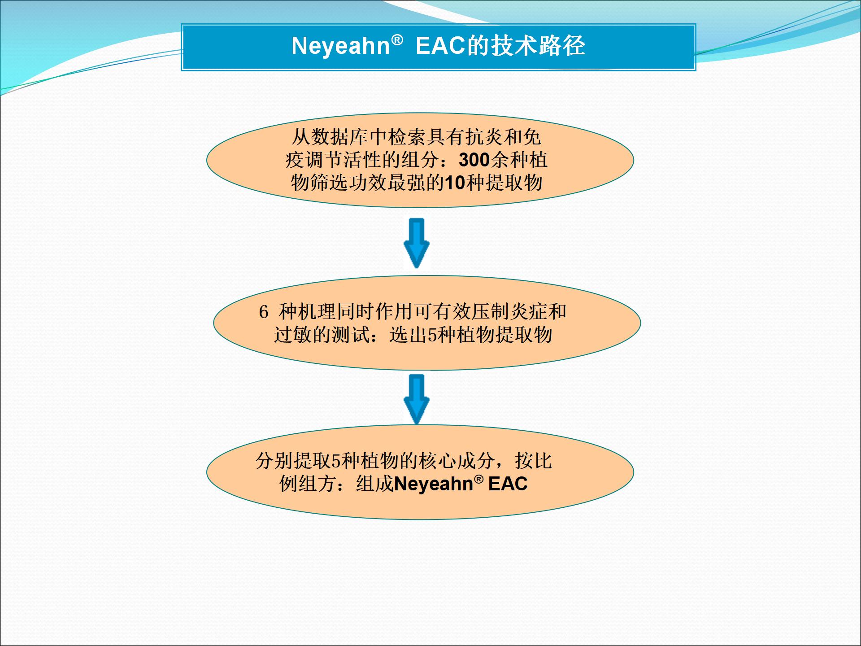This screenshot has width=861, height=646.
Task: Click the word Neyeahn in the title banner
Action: [341, 46]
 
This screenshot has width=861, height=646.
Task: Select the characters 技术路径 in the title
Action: [538, 45]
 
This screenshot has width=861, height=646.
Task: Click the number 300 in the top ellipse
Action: [474, 160]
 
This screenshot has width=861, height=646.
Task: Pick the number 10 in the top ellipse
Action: [455, 183]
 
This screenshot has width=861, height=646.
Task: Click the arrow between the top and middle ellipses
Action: [417, 243]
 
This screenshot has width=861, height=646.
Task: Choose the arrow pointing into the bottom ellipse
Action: [417, 399]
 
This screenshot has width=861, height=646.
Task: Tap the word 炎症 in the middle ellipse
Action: [528, 312]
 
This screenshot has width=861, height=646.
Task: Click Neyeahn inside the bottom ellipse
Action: [434, 484]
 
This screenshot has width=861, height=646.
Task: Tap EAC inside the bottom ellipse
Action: [508, 484]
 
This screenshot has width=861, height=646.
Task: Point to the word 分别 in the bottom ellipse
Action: [274, 461]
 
